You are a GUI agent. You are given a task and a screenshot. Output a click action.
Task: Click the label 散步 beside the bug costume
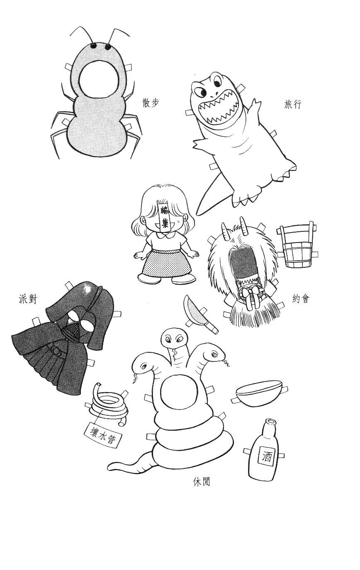pyautogui.click(x=151, y=103)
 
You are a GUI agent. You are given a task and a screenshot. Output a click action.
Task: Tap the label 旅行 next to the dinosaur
pyautogui.click(x=292, y=104)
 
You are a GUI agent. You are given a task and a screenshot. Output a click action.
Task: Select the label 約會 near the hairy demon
pyautogui.click(x=301, y=299)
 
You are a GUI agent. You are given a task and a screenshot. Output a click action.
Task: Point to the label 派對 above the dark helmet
pyautogui.click(x=28, y=299)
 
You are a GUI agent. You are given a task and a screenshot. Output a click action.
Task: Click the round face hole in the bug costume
pyautogui.click(x=99, y=80)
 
